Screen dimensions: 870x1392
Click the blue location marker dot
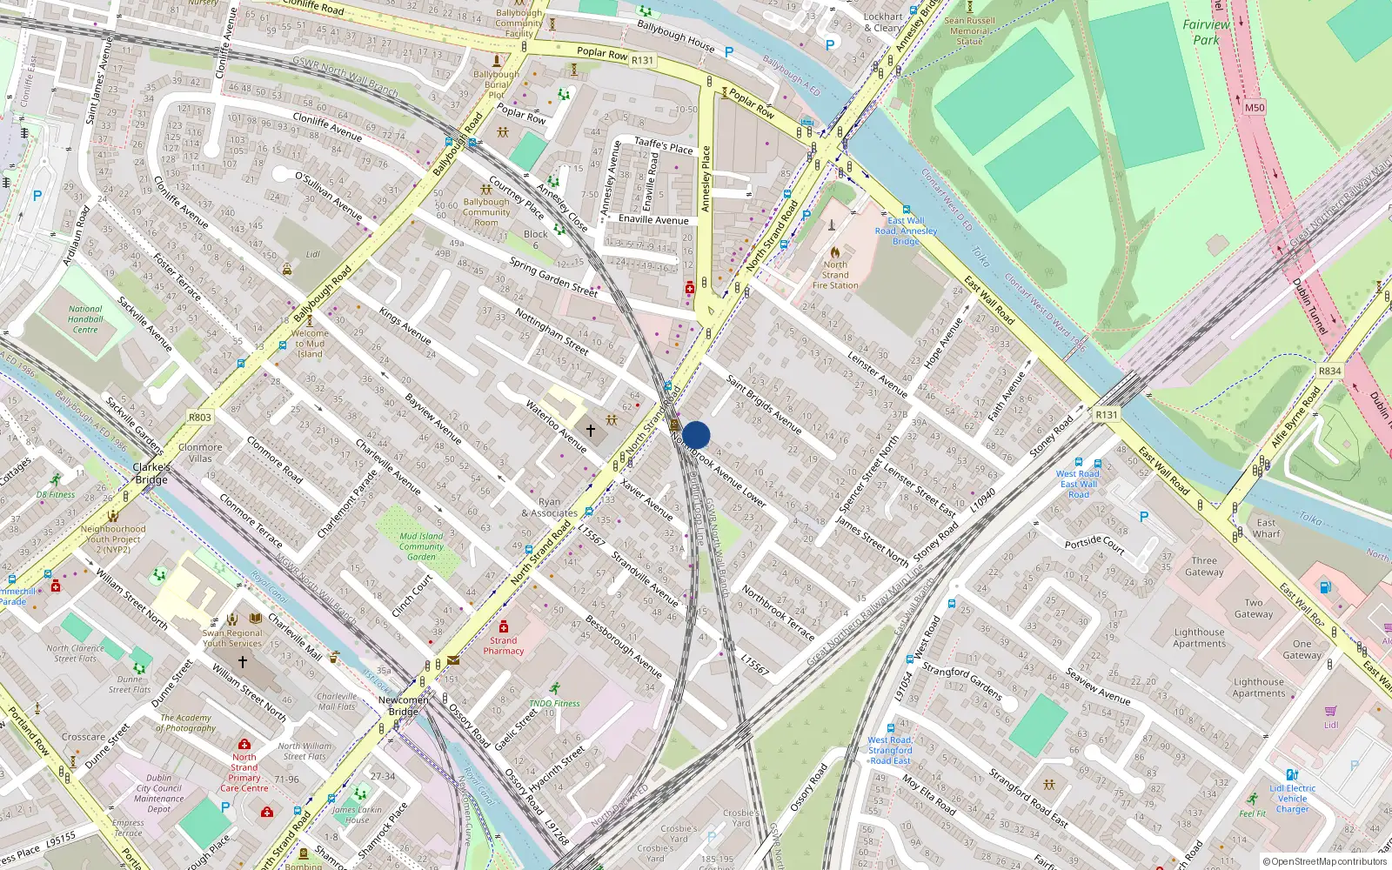pos(696,435)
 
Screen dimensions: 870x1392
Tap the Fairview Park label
pos(1206,32)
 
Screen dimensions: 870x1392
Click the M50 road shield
pos(1254,108)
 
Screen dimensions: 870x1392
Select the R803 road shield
pos(200,418)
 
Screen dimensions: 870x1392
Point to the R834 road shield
pos(1329,371)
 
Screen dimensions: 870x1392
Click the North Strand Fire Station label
pos(835,275)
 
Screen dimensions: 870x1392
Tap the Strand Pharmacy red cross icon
pos(503,626)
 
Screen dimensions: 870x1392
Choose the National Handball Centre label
pos(85,319)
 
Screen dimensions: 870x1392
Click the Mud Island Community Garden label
pos(421,546)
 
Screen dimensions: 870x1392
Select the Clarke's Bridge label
pos(151,473)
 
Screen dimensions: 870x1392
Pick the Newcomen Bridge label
pos(404,706)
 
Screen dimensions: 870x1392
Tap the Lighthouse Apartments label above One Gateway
pos(1199,638)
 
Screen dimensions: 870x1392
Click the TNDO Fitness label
pos(554,703)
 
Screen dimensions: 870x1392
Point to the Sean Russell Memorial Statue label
pos(969,30)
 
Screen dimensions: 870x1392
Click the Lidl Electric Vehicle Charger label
pos(1292,799)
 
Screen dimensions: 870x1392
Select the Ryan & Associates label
pos(549,507)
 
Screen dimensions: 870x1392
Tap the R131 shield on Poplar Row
pos(642,60)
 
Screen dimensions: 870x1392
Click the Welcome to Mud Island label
pos(310,344)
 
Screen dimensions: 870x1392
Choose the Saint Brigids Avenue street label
pos(764,405)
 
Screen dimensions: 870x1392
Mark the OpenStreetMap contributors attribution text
pos(1325,861)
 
